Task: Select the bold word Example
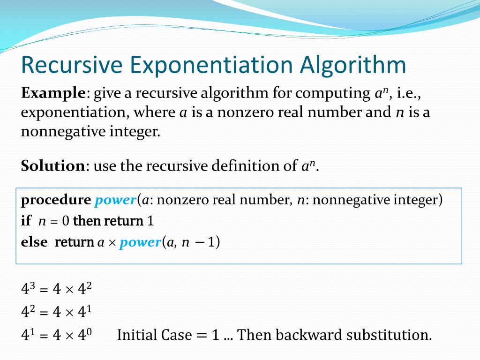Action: tap(52, 93)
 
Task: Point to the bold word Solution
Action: tap(52, 166)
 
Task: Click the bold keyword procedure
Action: tap(56, 200)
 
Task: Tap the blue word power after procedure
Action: tap(115, 201)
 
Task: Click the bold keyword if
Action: tap(25, 221)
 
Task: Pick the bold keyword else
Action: tap(34, 242)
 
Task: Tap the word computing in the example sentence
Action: tap(330, 94)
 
